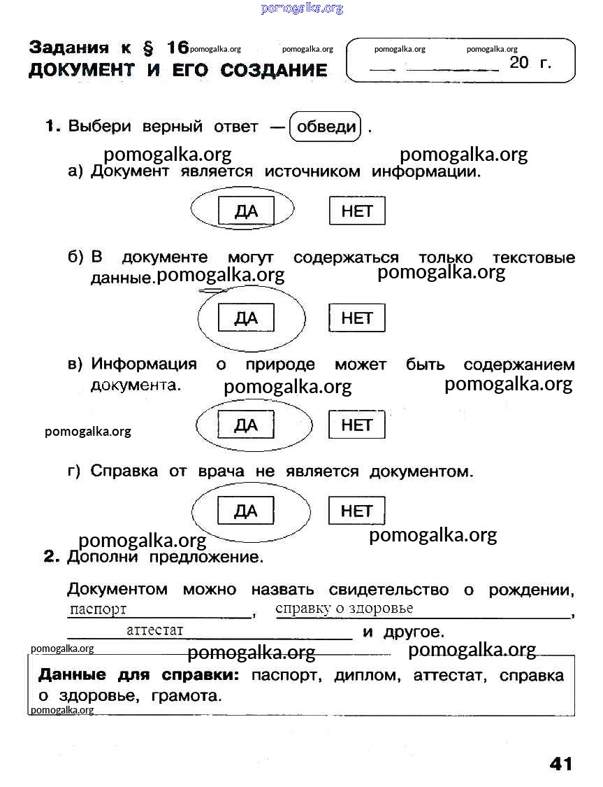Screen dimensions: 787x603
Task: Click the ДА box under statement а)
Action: point(246,211)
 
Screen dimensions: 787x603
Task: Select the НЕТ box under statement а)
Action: point(357,211)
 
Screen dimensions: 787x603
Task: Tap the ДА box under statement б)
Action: point(246,318)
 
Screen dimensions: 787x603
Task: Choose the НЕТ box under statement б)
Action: point(357,318)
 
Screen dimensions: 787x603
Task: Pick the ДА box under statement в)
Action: point(246,425)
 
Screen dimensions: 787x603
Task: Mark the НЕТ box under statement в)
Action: point(357,425)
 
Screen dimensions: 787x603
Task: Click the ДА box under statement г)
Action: point(246,511)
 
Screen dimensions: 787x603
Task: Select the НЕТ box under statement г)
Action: point(357,511)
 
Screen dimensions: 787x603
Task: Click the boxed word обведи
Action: point(326,127)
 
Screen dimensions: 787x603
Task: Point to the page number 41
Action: point(560,763)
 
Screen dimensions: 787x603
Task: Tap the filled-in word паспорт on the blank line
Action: point(98,609)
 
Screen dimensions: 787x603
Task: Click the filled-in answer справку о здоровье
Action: point(344,608)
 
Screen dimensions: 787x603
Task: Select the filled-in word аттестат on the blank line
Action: point(154,630)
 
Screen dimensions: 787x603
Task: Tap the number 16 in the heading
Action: point(177,48)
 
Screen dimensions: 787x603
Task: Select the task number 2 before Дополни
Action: point(50,557)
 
